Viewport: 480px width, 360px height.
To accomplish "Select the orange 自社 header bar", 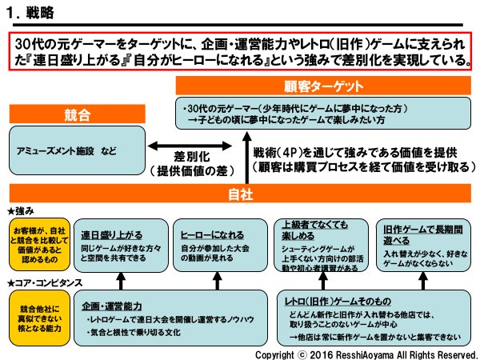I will [240, 194].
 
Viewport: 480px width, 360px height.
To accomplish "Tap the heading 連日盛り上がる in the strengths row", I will [112, 235].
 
